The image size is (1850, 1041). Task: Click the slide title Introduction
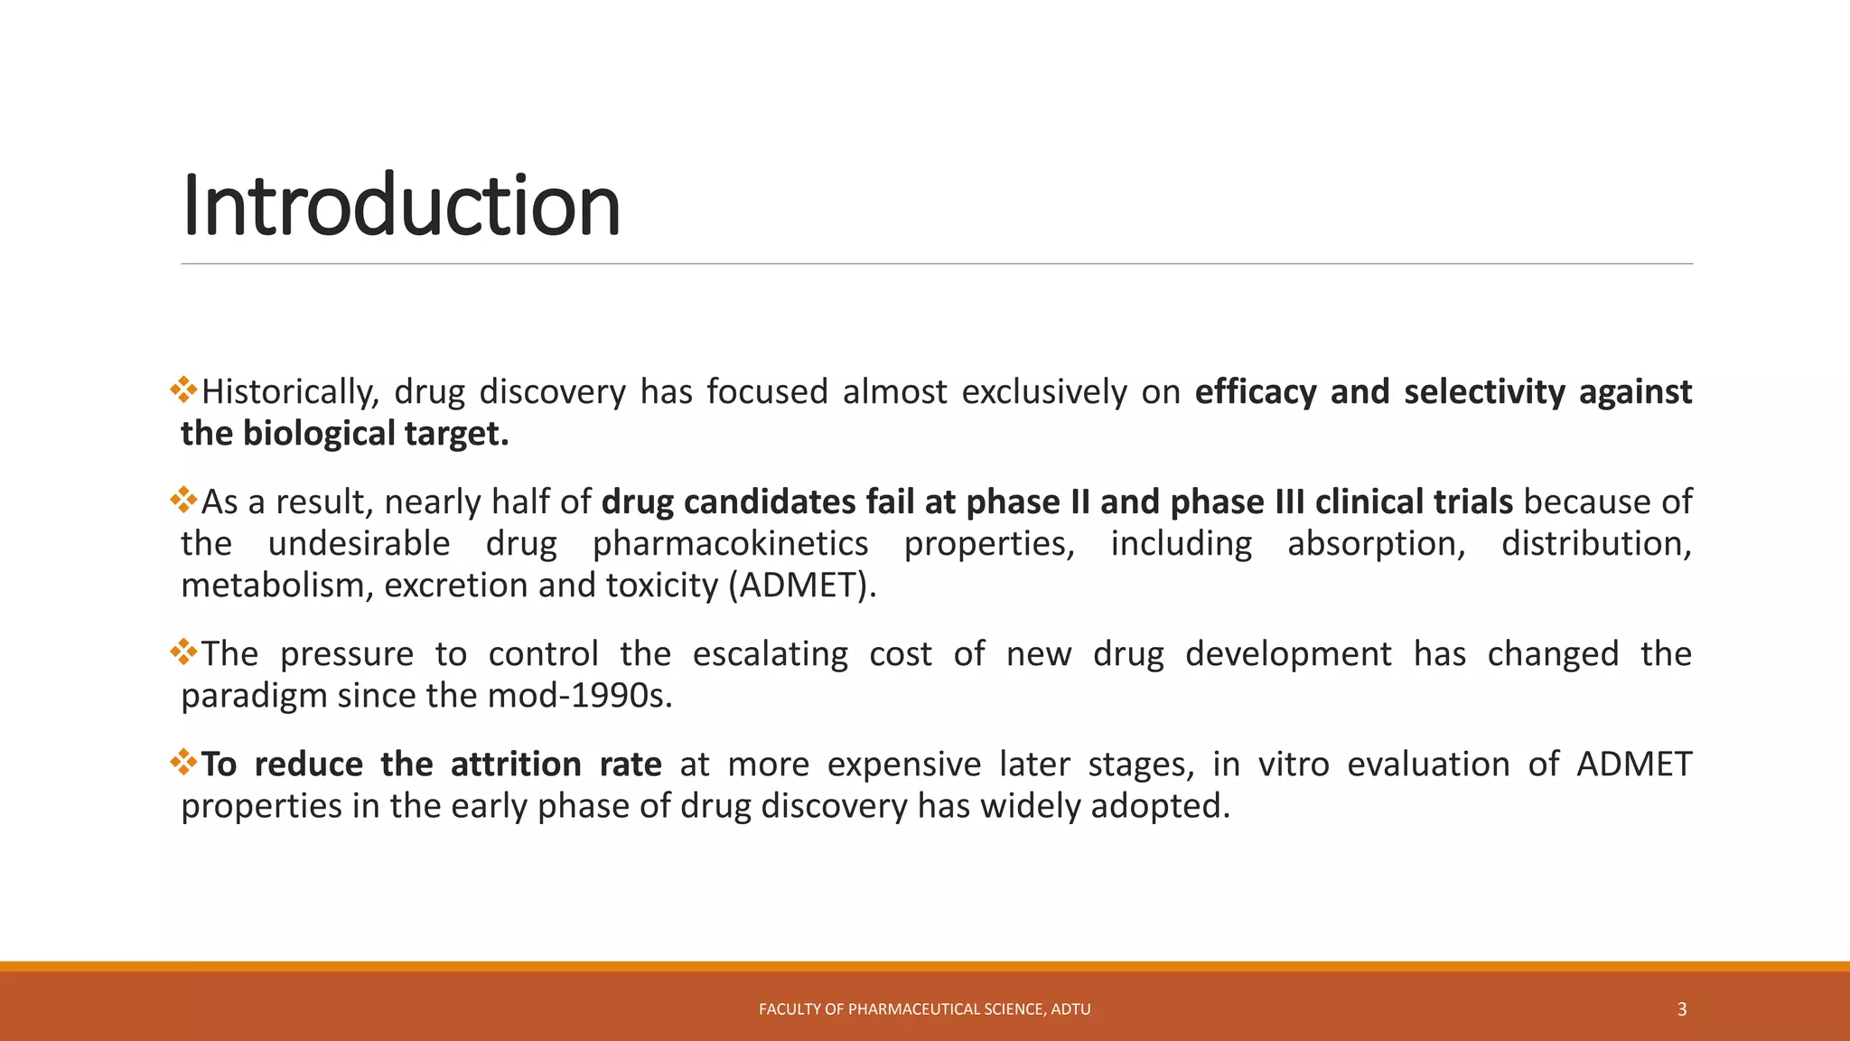coord(401,206)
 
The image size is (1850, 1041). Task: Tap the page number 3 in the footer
coord(1681,1009)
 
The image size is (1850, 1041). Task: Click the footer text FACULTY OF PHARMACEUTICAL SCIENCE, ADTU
coord(924,1009)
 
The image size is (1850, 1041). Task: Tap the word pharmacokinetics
coord(730,544)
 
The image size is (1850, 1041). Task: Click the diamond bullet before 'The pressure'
coord(183,652)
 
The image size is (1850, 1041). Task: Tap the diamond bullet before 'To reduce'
coord(183,762)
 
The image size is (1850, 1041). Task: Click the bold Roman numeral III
coord(1289,502)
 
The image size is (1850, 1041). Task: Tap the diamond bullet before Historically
coord(183,389)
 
